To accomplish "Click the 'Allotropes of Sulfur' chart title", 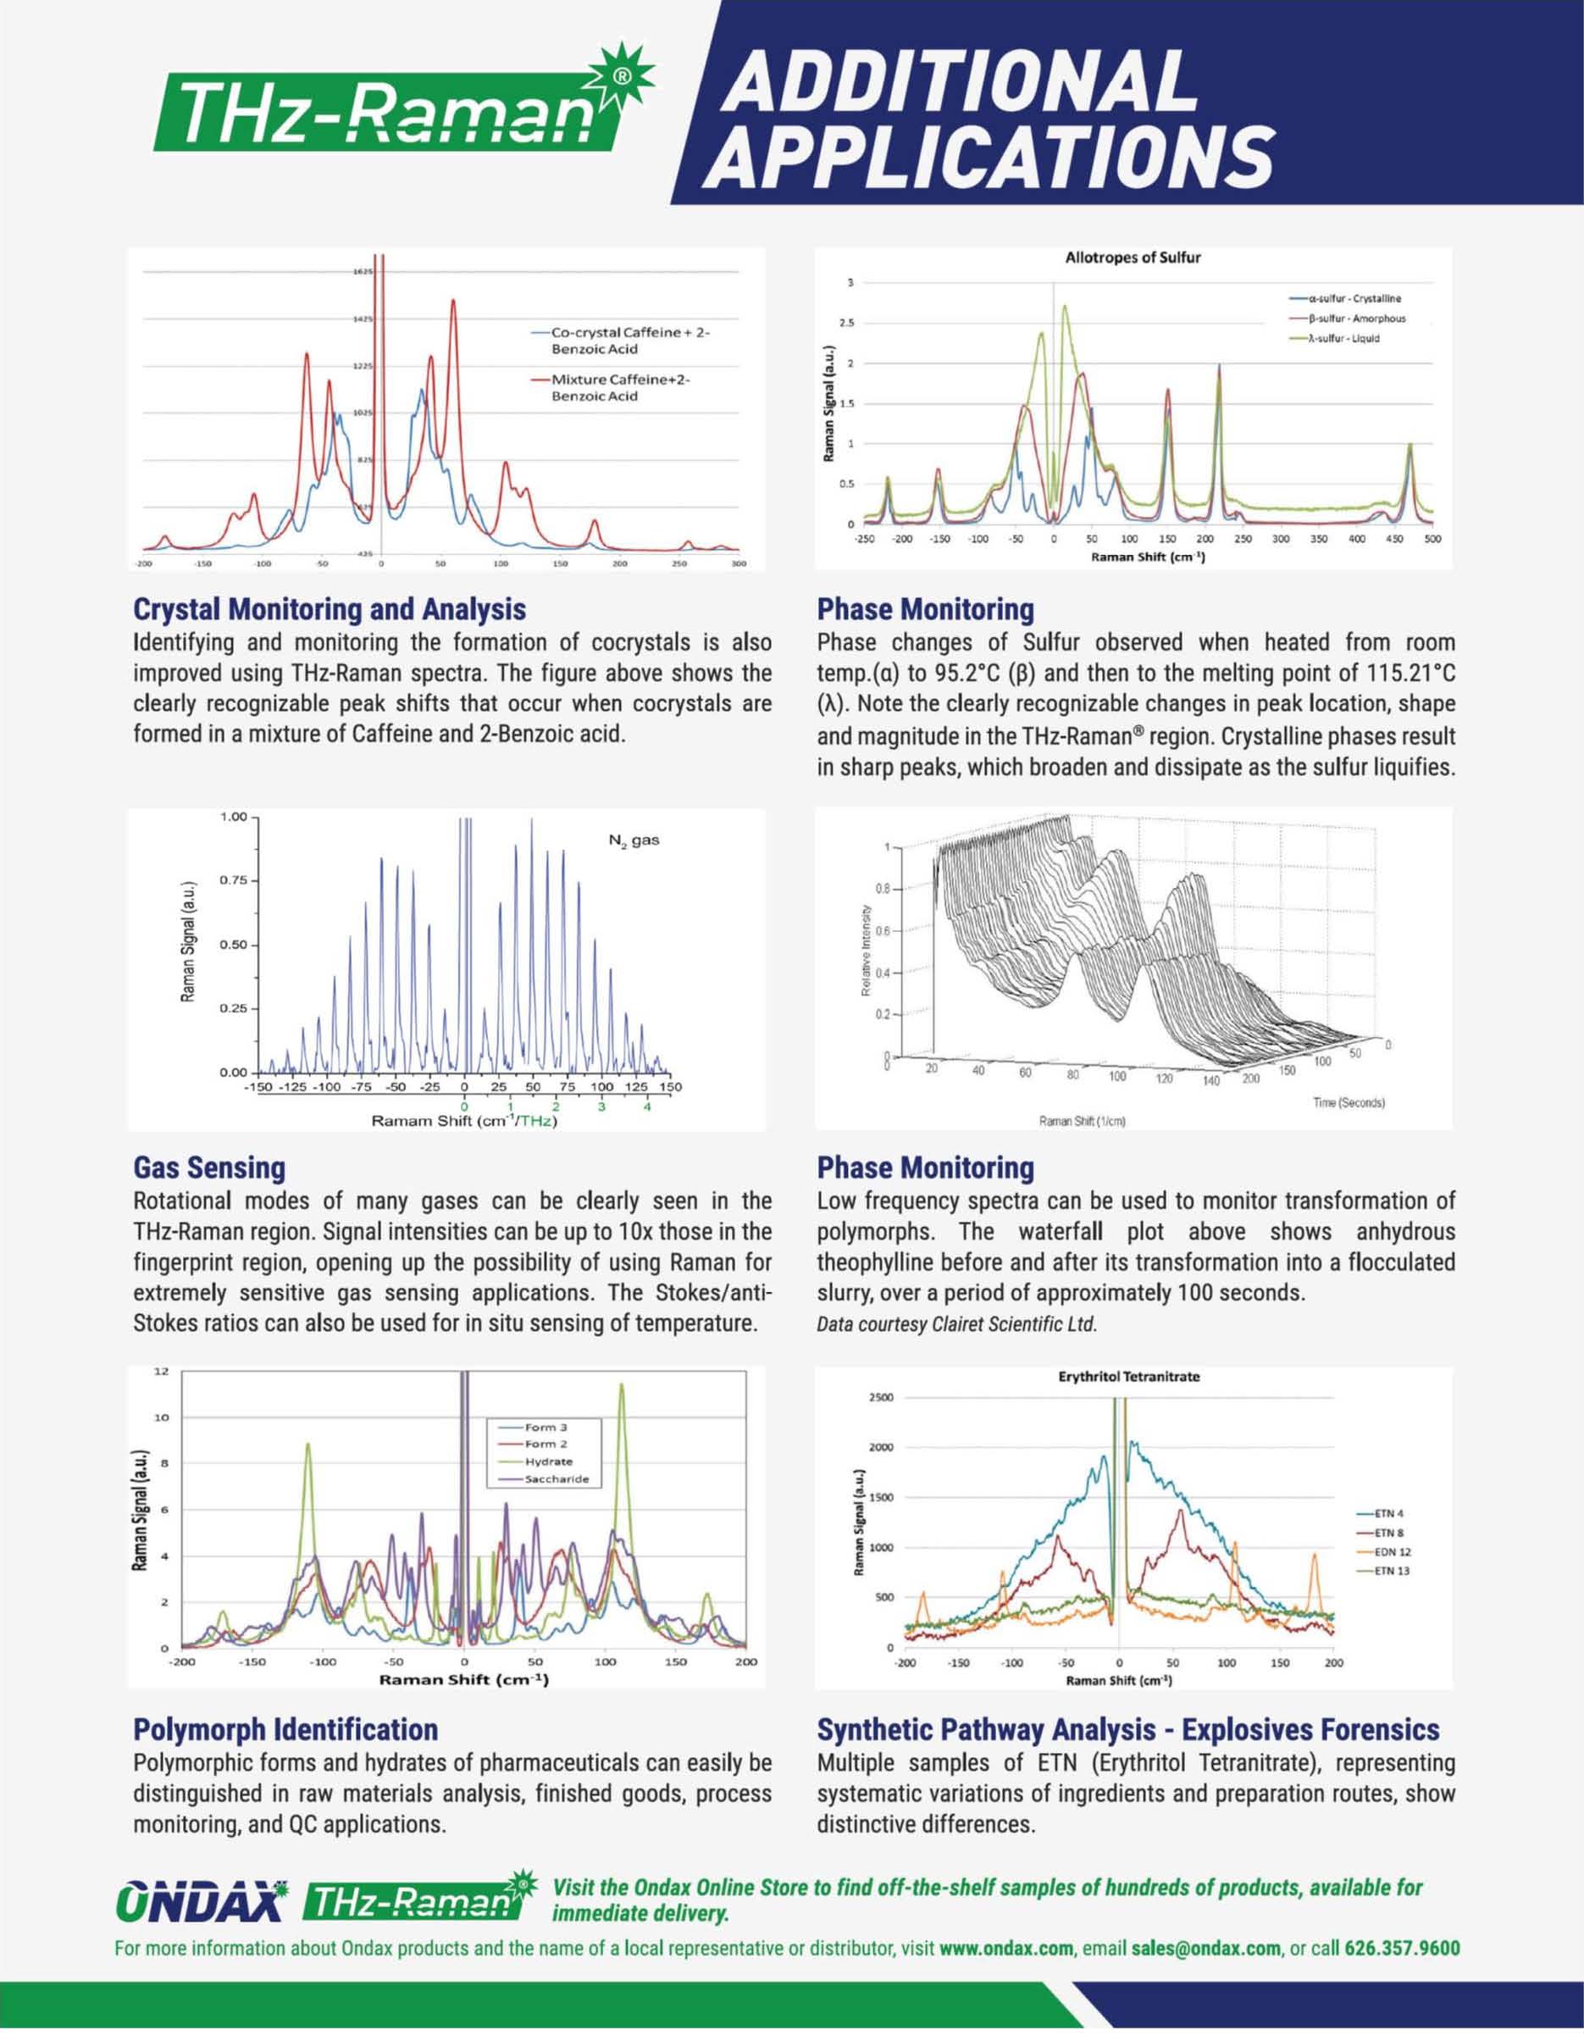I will (x=1132, y=257).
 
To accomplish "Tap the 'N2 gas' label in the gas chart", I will (x=634, y=840).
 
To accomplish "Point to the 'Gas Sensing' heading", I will (x=209, y=1167).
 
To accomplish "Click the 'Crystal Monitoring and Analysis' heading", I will (x=329, y=609).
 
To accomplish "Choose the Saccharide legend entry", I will (x=556, y=1478).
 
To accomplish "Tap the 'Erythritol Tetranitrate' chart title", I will (x=1128, y=1377).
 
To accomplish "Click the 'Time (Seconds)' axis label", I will (x=1348, y=1103).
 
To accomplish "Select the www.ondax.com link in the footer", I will (x=1005, y=1949).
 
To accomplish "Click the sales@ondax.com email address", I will (x=1205, y=1949).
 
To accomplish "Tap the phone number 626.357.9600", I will (x=1402, y=1949).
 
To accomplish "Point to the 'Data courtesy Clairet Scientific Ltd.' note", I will (x=956, y=1324).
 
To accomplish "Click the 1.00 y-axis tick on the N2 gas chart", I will (x=234, y=817).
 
